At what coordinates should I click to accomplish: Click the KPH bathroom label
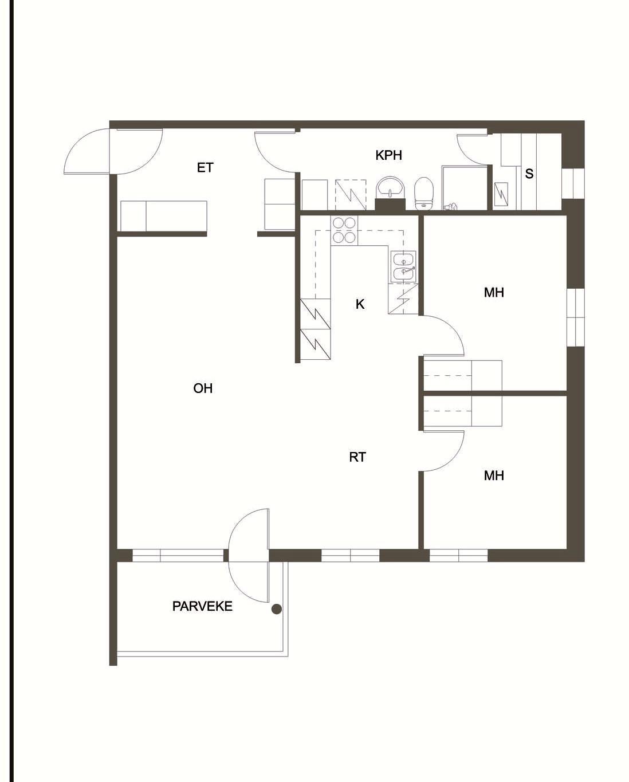point(388,155)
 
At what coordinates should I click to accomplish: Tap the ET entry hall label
point(205,167)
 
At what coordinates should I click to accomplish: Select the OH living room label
point(203,388)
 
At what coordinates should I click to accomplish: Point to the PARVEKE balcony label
point(202,606)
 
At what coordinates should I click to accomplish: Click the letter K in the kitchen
point(360,304)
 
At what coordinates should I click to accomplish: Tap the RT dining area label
point(357,457)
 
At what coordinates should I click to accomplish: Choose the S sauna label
point(529,174)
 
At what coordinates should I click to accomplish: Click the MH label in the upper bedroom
point(494,293)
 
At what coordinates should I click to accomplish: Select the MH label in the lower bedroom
point(494,476)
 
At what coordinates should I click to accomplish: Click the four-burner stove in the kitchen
point(344,230)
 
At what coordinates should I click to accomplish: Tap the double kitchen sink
point(403,267)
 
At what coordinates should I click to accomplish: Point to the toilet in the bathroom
point(424,194)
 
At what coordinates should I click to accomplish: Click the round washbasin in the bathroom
point(390,187)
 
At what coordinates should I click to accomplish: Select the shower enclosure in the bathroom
point(465,188)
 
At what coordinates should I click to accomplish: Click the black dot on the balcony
point(277,609)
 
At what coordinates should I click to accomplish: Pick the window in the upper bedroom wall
point(576,317)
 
